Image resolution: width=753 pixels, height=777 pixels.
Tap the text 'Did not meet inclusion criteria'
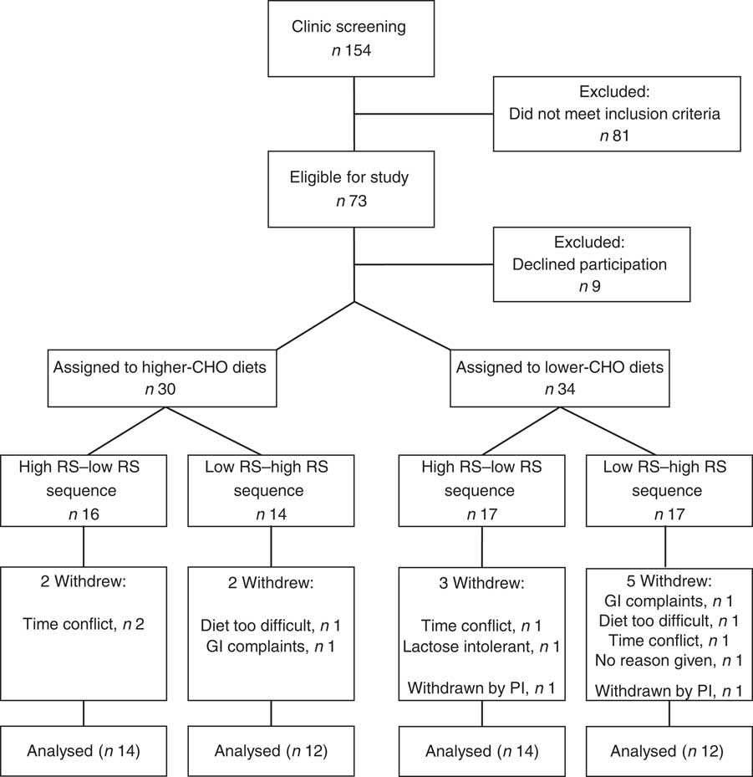click(616, 113)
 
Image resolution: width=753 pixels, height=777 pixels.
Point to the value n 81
click(616, 134)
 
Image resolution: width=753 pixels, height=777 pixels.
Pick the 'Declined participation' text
click(591, 263)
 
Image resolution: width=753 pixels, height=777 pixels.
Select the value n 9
click(591, 284)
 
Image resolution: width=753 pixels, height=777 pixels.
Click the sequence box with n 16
click(83, 488)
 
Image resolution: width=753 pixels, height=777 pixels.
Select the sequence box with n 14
click(270, 488)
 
